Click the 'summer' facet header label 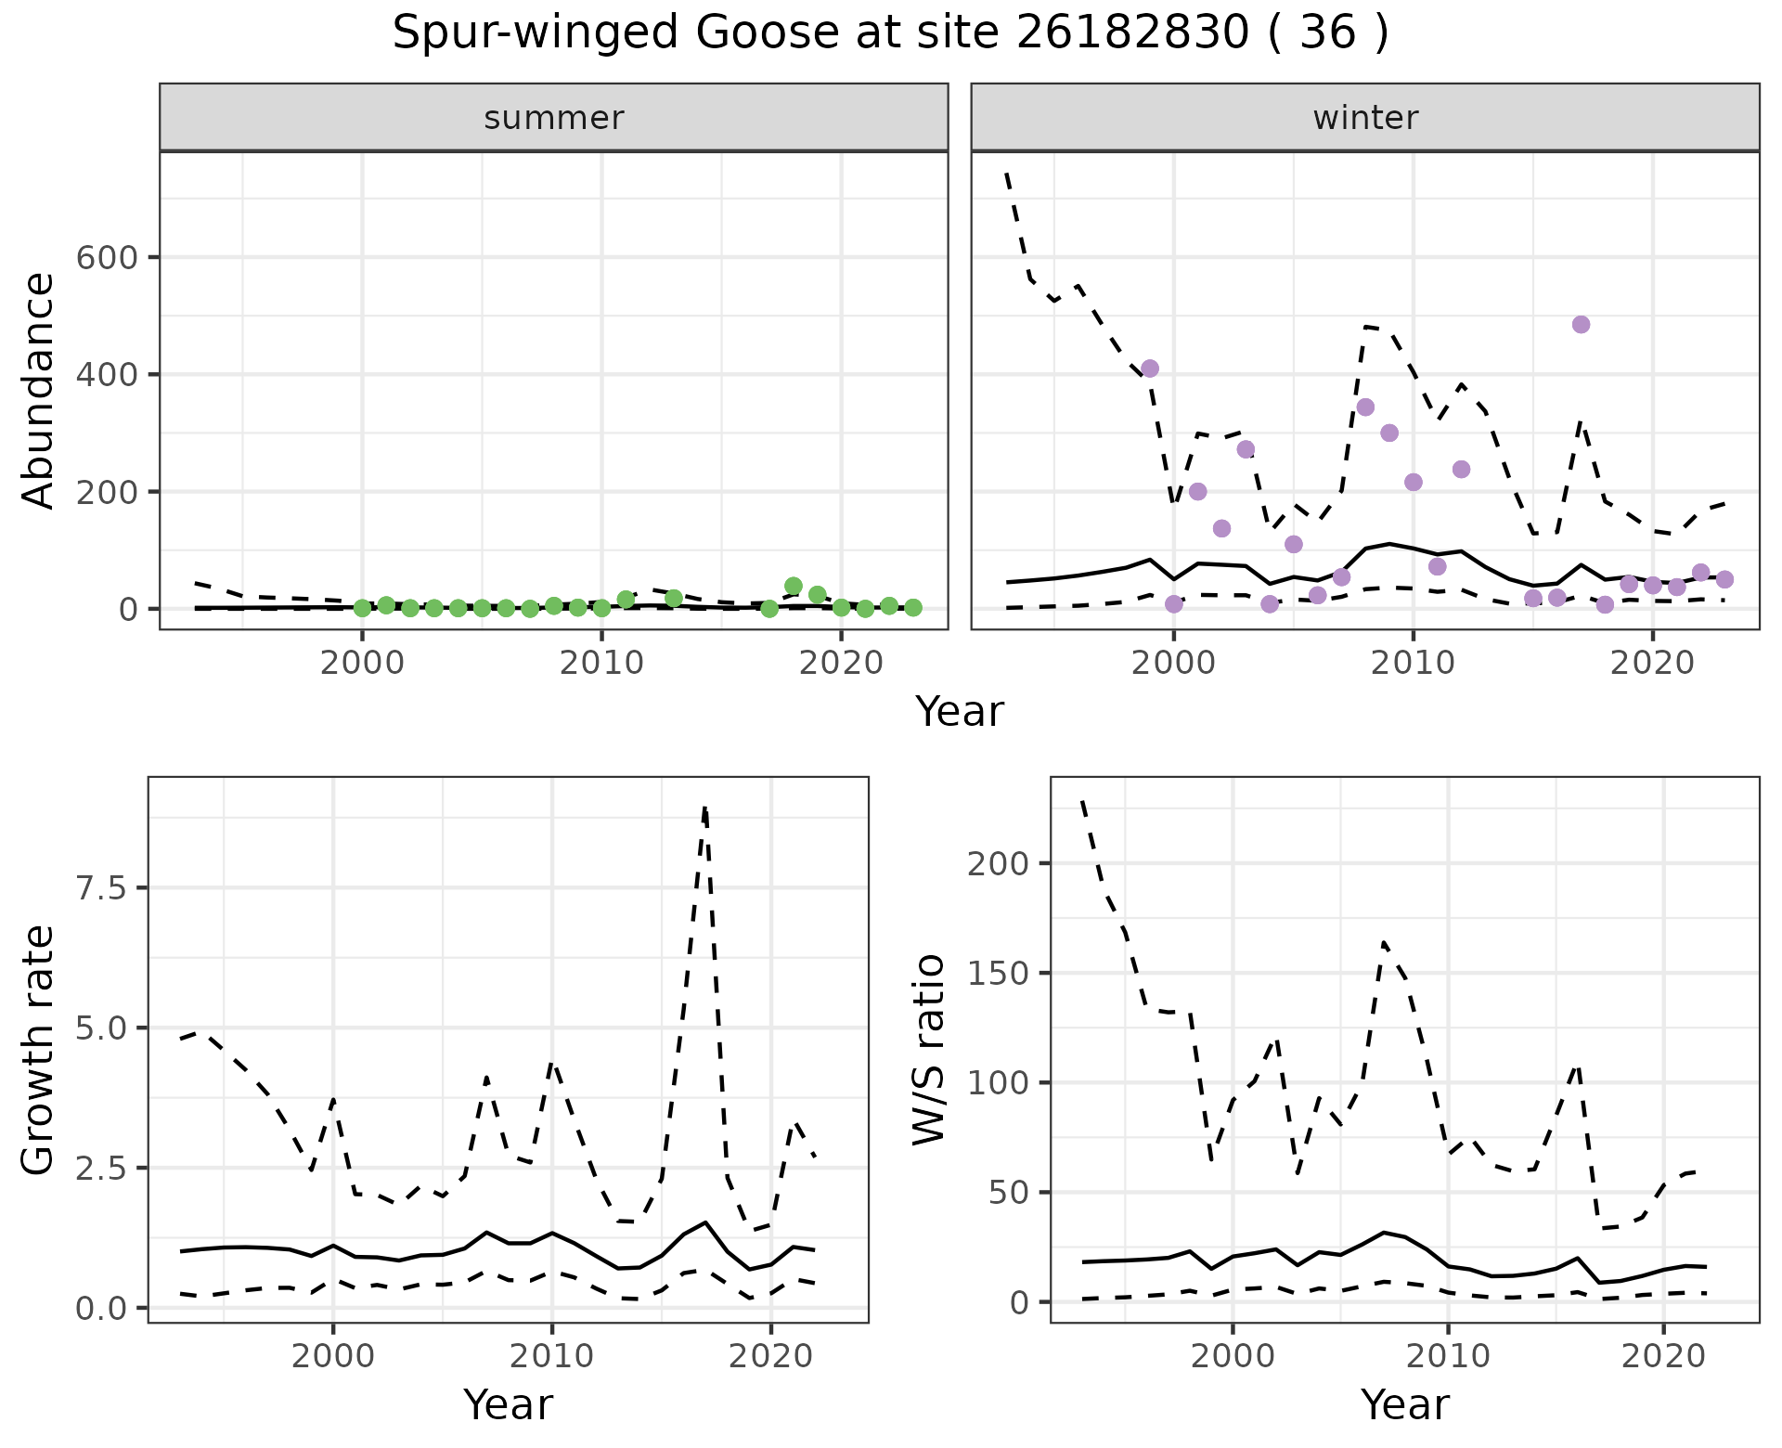tap(554, 118)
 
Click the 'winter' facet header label tap(1365, 118)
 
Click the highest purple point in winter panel tap(1581, 324)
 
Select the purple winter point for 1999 tap(1150, 368)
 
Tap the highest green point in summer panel tap(793, 586)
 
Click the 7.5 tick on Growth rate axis tap(104, 888)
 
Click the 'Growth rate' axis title tap(39, 1050)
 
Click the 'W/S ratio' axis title tap(929, 1050)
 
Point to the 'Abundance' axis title tap(39, 391)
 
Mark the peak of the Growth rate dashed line tap(705, 808)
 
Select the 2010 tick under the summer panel tap(601, 664)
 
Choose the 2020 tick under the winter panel tap(1652, 664)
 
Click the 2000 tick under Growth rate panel tap(333, 1356)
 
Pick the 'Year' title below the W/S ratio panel tap(1404, 1404)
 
